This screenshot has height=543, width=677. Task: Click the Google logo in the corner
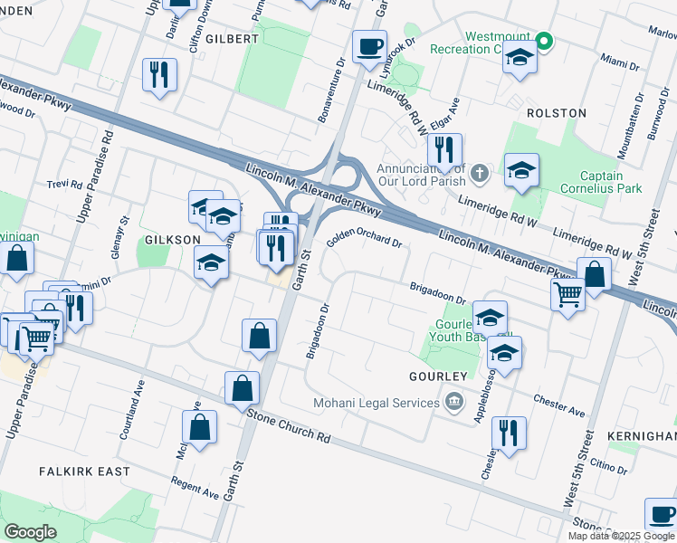(30, 532)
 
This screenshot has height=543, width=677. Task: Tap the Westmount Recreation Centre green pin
(543, 41)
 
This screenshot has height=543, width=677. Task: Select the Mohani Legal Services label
(375, 402)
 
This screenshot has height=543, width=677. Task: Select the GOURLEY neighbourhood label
(437, 376)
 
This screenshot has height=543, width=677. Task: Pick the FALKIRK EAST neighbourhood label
(84, 472)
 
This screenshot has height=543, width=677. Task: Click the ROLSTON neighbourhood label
(556, 113)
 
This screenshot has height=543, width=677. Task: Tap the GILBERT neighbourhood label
(232, 39)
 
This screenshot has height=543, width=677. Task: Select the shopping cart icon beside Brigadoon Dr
(568, 293)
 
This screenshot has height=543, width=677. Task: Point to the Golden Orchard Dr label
(364, 240)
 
